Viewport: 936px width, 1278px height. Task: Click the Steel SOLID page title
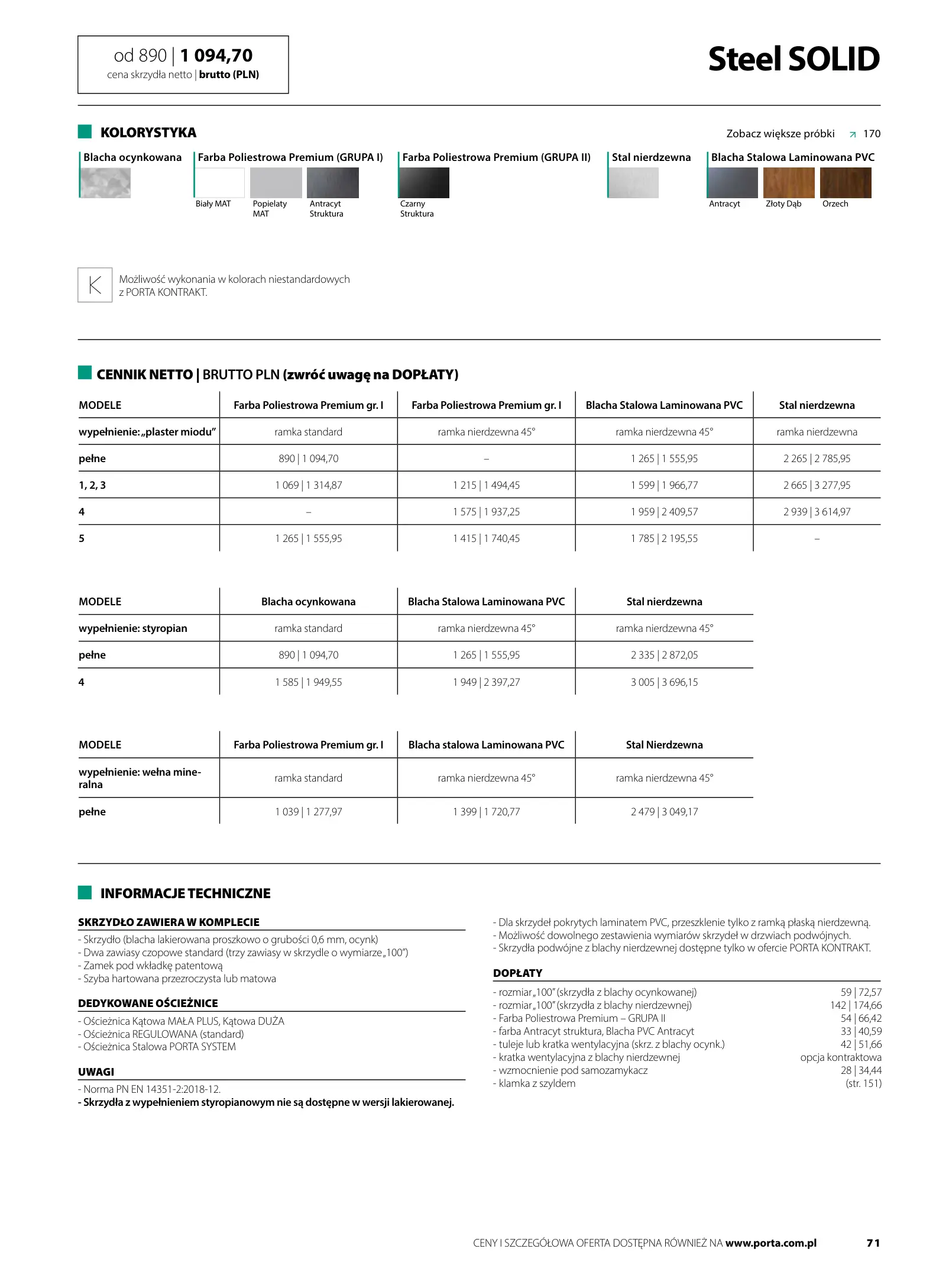(x=794, y=59)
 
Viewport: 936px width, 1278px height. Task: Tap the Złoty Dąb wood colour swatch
(x=788, y=183)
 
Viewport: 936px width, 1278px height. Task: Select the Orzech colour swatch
(x=845, y=183)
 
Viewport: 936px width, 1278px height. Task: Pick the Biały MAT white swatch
(x=220, y=183)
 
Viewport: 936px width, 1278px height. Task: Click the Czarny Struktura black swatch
(x=425, y=183)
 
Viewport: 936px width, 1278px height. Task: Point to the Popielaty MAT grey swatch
(x=276, y=183)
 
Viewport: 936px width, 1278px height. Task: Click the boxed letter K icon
(x=95, y=285)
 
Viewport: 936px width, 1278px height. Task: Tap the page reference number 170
(x=872, y=134)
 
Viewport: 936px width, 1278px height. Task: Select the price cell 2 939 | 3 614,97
(x=817, y=512)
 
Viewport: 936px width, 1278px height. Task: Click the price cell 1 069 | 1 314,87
(x=308, y=485)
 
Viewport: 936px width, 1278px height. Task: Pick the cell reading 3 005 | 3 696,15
(x=664, y=682)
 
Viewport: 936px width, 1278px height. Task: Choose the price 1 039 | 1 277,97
(x=308, y=812)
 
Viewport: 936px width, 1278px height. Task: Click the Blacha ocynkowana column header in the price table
(x=308, y=602)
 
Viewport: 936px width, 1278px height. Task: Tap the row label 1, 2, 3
(x=92, y=485)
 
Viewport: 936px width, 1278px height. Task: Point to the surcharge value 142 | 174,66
(x=855, y=1005)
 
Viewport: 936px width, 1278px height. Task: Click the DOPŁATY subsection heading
(x=517, y=973)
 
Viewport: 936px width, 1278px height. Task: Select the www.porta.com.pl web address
(x=770, y=1243)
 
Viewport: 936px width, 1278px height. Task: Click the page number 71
(x=873, y=1243)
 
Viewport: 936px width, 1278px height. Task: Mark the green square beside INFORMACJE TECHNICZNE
(x=85, y=892)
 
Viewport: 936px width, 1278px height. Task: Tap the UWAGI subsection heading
(x=96, y=1072)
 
